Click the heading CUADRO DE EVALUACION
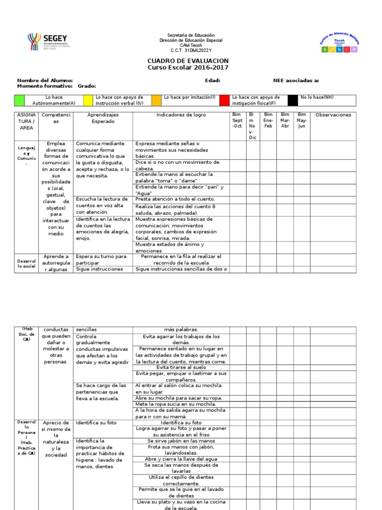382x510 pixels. tap(188, 61)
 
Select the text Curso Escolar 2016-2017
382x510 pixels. tap(188, 68)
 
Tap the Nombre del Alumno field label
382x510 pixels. tap(45, 80)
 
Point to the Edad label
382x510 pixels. tap(212, 80)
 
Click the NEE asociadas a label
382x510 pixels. tap(296, 80)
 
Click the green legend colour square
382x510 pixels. tap(19, 100)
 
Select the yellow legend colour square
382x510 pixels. tap(88, 100)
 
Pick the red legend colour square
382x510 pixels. tap(225, 100)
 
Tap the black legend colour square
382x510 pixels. tap(293, 100)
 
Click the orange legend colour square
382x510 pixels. tap(156, 100)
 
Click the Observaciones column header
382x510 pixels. tap(333, 115)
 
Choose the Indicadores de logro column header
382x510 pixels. tap(181, 115)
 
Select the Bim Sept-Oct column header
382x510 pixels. tap(237, 120)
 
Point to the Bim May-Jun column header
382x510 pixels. tap(302, 120)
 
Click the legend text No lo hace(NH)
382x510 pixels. tap(317, 98)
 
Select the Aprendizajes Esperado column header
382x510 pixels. tap(103, 118)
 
